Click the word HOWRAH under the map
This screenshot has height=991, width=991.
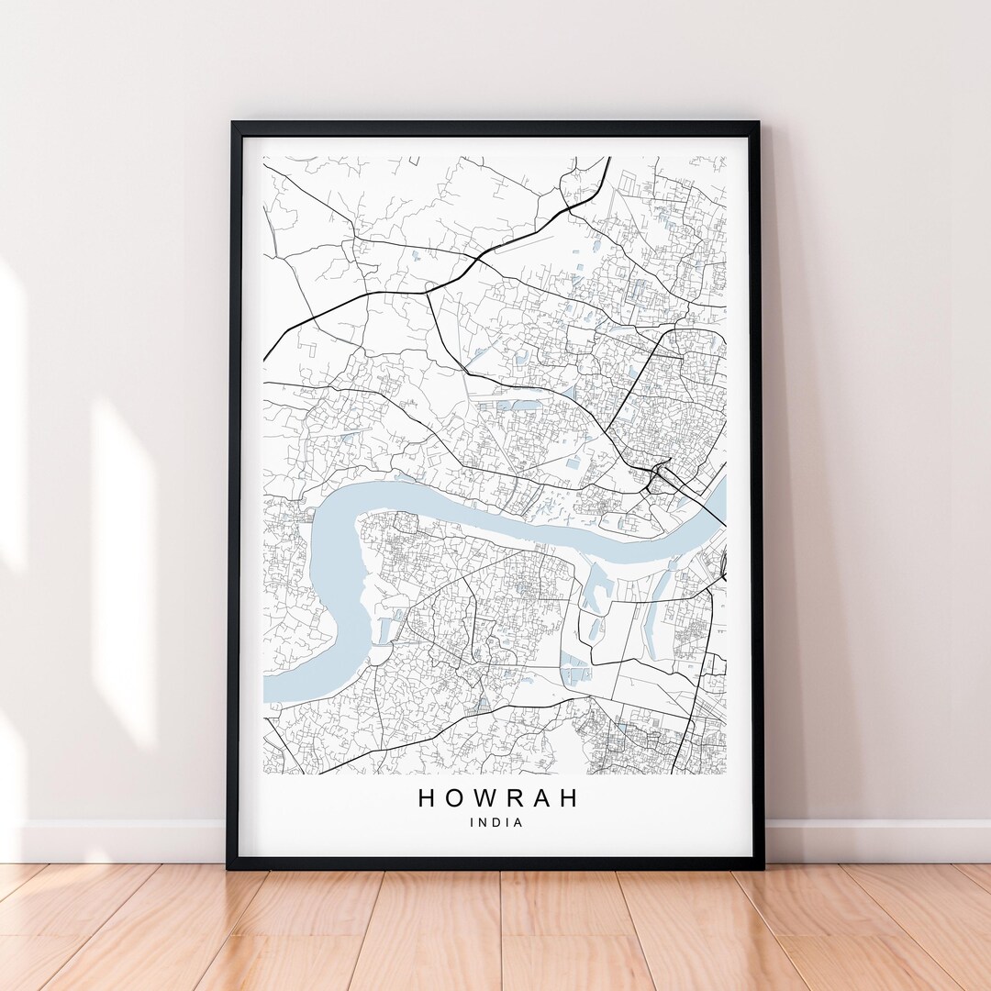(498, 798)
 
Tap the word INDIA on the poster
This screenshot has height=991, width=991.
(496, 823)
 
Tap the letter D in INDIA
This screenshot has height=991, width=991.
(496, 823)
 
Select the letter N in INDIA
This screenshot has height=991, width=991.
(484, 823)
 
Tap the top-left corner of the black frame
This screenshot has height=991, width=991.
(232, 124)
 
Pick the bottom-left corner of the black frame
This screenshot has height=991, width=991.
(229, 866)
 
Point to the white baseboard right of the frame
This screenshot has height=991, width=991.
(872, 840)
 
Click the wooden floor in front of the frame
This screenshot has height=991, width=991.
(495, 927)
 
